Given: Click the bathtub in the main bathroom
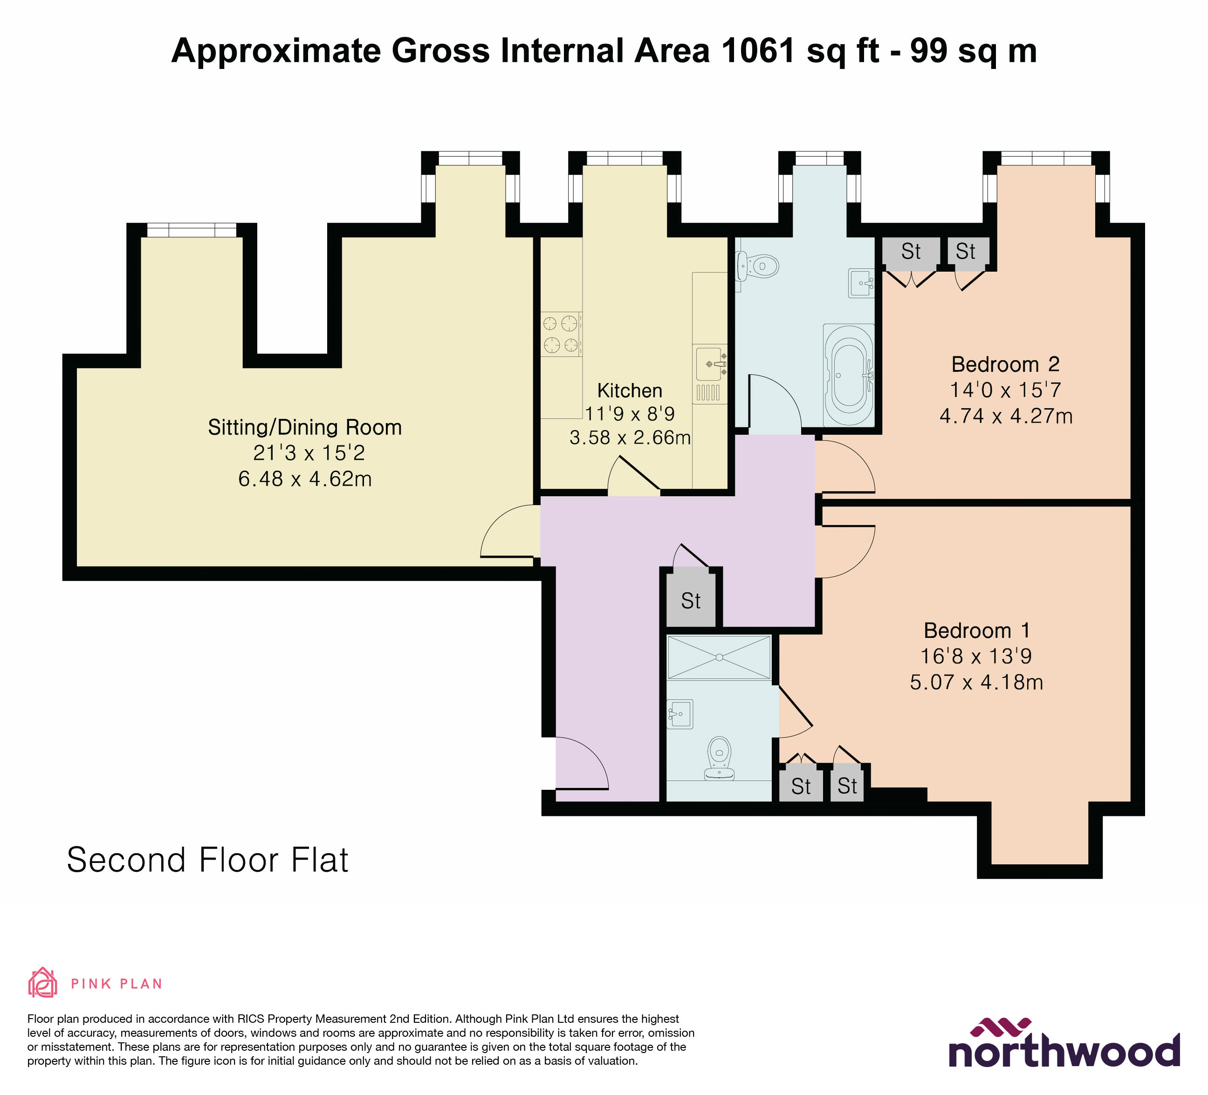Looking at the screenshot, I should pyautogui.click(x=849, y=376).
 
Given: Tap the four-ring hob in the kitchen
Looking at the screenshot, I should pyautogui.click(x=561, y=334).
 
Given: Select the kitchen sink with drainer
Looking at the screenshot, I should pyautogui.click(x=711, y=374).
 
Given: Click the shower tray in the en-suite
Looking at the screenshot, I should pyautogui.click(x=719, y=657).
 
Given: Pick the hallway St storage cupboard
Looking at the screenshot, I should pyautogui.click(x=691, y=600).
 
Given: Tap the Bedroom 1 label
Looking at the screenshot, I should pyautogui.click(x=977, y=630).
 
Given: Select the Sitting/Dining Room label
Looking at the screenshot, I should pyautogui.click(x=304, y=427).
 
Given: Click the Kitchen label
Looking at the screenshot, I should pyautogui.click(x=630, y=390).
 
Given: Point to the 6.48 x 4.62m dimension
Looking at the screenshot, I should pyautogui.click(x=304, y=479).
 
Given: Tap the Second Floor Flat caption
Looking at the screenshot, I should pyautogui.click(x=207, y=860).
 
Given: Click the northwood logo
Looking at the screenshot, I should pyautogui.click(x=1064, y=1045).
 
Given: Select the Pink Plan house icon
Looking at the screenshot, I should pyautogui.click(x=42, y=983).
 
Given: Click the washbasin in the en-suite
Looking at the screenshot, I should pyautogui.click(x=679, y=714).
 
